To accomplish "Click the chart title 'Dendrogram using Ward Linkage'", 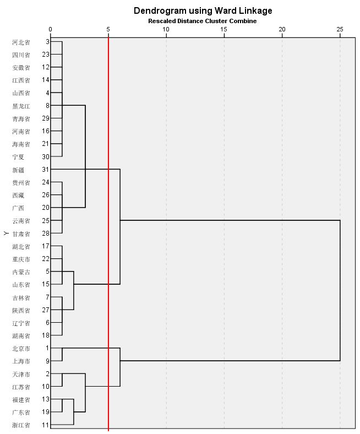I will [x=203, y=10].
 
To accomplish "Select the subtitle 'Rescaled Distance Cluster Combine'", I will [x=202, y=21].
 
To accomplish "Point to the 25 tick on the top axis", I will [x=340, y=29].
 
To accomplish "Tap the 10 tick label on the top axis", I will [x=166, y=29].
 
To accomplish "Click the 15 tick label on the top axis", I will [x=224, y=29].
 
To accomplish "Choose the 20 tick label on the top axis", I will [x=282, y=29].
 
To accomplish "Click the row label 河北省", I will [x=21, y=42].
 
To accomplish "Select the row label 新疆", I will [x=18, y=170].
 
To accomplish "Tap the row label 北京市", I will [x=21, y=349].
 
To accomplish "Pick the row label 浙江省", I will [x=21, y=425].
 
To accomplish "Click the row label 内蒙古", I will [x=21, y=272].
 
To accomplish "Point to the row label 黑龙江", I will [x=21, y=106].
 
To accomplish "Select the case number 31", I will [x=45, y=170].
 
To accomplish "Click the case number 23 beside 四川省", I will [x=45, y=55].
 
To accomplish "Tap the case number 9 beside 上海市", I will [x=47, y=361].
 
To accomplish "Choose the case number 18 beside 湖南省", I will [x=45, y=335].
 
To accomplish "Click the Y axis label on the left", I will [x=6, y=234].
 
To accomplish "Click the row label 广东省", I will [x=21, y=413].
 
